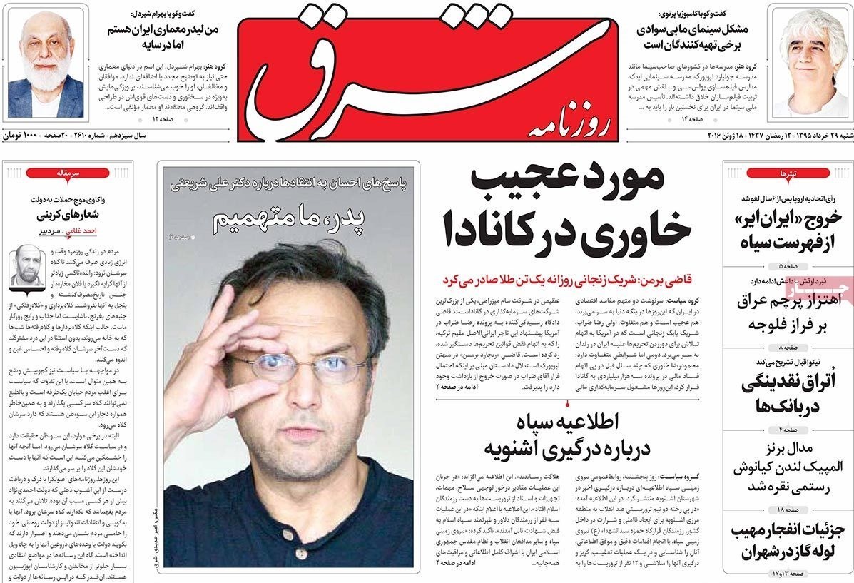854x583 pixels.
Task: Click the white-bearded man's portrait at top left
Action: click(x=46, y=64)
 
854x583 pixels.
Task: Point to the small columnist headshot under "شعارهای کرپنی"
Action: click(x=26, y=265)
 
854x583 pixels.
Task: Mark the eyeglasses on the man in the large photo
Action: click(x=300, y=364)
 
